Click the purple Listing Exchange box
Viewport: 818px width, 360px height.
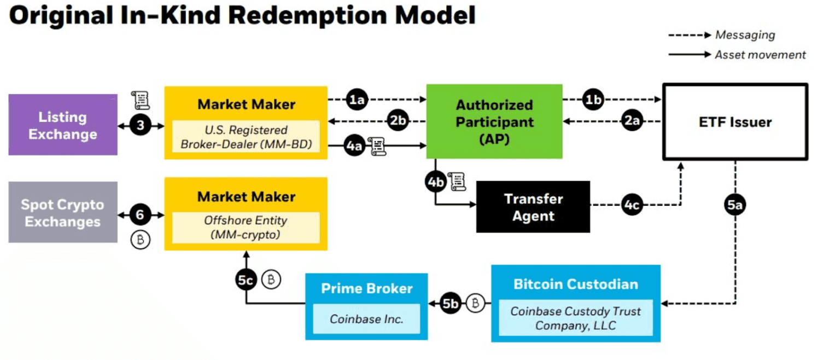tap(63, 125)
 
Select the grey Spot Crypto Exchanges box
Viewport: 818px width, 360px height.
tap(63, 212)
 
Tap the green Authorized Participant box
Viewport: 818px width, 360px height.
tap(494, 121)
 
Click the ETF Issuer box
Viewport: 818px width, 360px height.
tap(735, 121)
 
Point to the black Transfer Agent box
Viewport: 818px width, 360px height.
tap(533, 207)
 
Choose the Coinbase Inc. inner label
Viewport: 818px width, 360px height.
tap(366, 318)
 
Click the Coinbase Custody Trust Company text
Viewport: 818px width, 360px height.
tap(575, 318)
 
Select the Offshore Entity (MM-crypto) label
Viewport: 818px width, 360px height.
tap(246, 228)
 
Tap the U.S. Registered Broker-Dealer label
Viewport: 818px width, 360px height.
tap(246, 137)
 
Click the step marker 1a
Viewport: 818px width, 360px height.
tap(357, 100)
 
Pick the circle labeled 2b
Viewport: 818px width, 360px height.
tap(399, 120)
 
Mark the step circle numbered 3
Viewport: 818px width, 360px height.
tap(141, 126)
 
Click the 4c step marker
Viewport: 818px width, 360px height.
tap(632, 205)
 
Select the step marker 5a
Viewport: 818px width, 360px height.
tap(735, 205)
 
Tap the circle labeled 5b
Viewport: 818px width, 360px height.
tap(451, 303)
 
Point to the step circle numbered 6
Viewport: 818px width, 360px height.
tap(141, 215)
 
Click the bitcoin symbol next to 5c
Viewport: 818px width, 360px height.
tap(271, 280)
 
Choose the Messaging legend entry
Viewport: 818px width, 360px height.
tap(744, 35)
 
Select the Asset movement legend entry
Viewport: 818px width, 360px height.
tap(759, 55)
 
